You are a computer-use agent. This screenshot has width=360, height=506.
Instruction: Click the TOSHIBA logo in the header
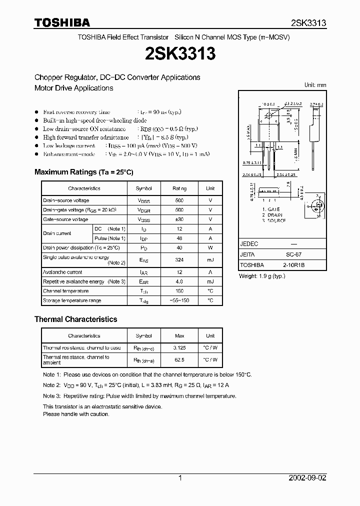[62, 22]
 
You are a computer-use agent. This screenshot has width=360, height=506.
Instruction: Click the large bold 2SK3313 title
[179, 53]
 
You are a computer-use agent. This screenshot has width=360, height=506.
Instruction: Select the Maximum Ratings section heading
[83, 172]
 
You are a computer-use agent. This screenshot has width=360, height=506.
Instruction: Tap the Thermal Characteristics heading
[75, 319]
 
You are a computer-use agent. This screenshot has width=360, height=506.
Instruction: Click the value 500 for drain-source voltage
[179, 200]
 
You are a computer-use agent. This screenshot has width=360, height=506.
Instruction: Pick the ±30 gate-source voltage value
[179, 219]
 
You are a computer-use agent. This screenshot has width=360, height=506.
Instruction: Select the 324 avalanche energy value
[179, 260]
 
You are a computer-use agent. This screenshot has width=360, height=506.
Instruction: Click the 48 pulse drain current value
[179, 238]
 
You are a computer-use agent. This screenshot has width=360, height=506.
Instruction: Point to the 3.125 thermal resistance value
[179, 347]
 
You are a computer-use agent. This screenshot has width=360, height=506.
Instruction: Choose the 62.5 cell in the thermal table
[179, 359]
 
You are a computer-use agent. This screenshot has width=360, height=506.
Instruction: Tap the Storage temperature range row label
[72, 300]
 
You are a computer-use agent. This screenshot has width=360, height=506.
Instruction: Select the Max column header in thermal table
[179, 336]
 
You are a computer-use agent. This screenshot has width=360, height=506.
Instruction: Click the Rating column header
[179, 188]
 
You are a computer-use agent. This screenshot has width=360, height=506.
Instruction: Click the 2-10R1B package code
[297, 265]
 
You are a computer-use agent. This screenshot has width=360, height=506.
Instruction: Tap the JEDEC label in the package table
[249, 244]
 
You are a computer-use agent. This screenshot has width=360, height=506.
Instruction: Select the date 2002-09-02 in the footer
[306, 478]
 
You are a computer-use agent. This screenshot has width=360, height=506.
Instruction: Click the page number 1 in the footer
[180, 478]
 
